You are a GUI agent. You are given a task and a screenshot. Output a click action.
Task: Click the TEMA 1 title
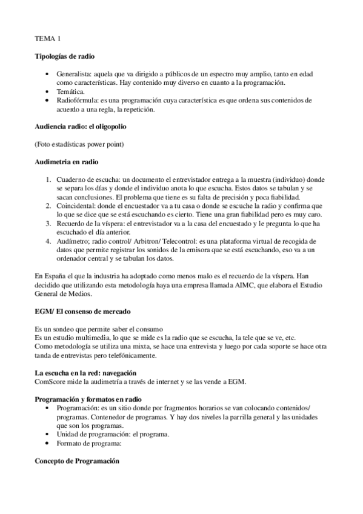[x=47, y=39]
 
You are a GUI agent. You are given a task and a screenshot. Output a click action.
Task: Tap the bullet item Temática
[x=72, y=91]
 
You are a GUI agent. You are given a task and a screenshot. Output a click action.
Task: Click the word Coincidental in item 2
[x=78, y=205]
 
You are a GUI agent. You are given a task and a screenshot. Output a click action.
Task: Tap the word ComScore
[x=52, y=381]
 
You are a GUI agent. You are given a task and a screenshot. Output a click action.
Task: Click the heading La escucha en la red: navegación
[x=85, y=372]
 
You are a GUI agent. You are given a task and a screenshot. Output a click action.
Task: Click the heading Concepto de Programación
[x=77, y=461]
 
